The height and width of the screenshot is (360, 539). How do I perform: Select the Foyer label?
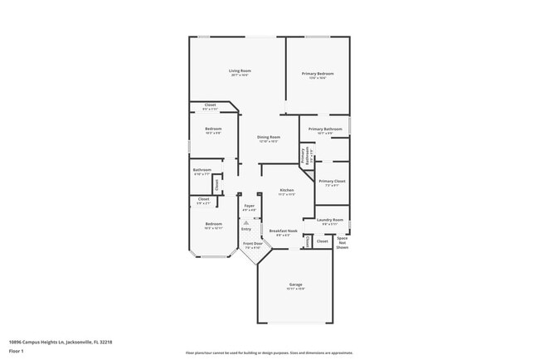(x=249, y=206)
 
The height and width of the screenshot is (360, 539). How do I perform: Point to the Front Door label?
(x=252, y=244)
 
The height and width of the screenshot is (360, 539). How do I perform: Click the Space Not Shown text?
(x=342, y=242)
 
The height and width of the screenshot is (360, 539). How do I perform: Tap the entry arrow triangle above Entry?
(x=246, y=222)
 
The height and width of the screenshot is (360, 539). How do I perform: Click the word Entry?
(x=246, y=229)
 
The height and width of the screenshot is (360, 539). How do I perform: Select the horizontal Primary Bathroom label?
(x=326, y=129)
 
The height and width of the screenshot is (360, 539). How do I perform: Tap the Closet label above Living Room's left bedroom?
(x=210, y=105)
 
